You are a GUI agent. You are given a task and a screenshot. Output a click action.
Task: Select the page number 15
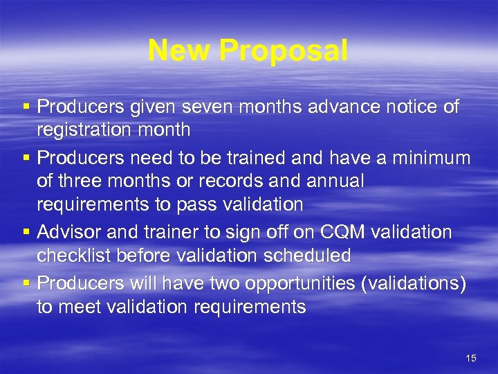click(x=471, y=358)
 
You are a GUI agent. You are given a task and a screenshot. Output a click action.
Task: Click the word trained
click(x=251, y=158)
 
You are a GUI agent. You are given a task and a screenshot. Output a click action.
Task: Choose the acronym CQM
click(x=326, y=233)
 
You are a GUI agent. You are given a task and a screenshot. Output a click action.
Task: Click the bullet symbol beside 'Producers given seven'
click(x=26, y=108)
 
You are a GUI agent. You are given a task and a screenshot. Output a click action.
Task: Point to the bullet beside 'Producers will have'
click(x=26, y=284)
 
